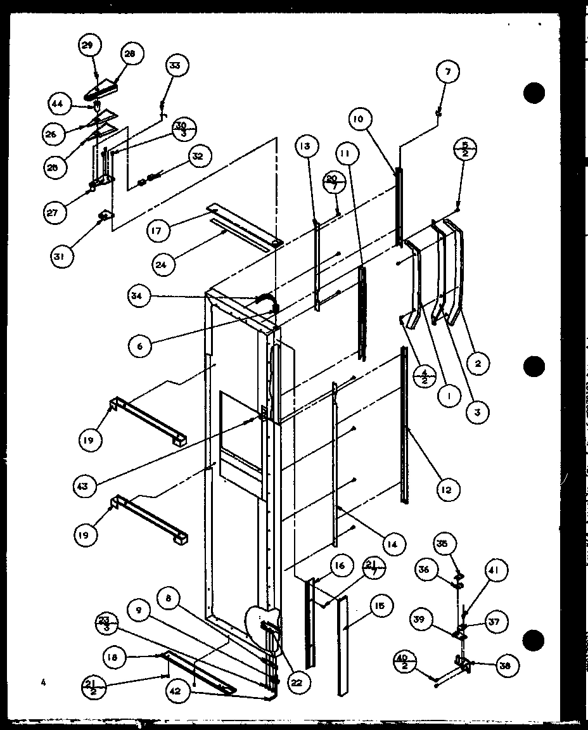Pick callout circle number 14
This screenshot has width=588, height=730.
coord(393,543)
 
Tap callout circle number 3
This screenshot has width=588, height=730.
coord(476,413)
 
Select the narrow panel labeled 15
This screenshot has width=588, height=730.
coord(342,646)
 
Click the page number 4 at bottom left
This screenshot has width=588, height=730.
coord(43,682)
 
